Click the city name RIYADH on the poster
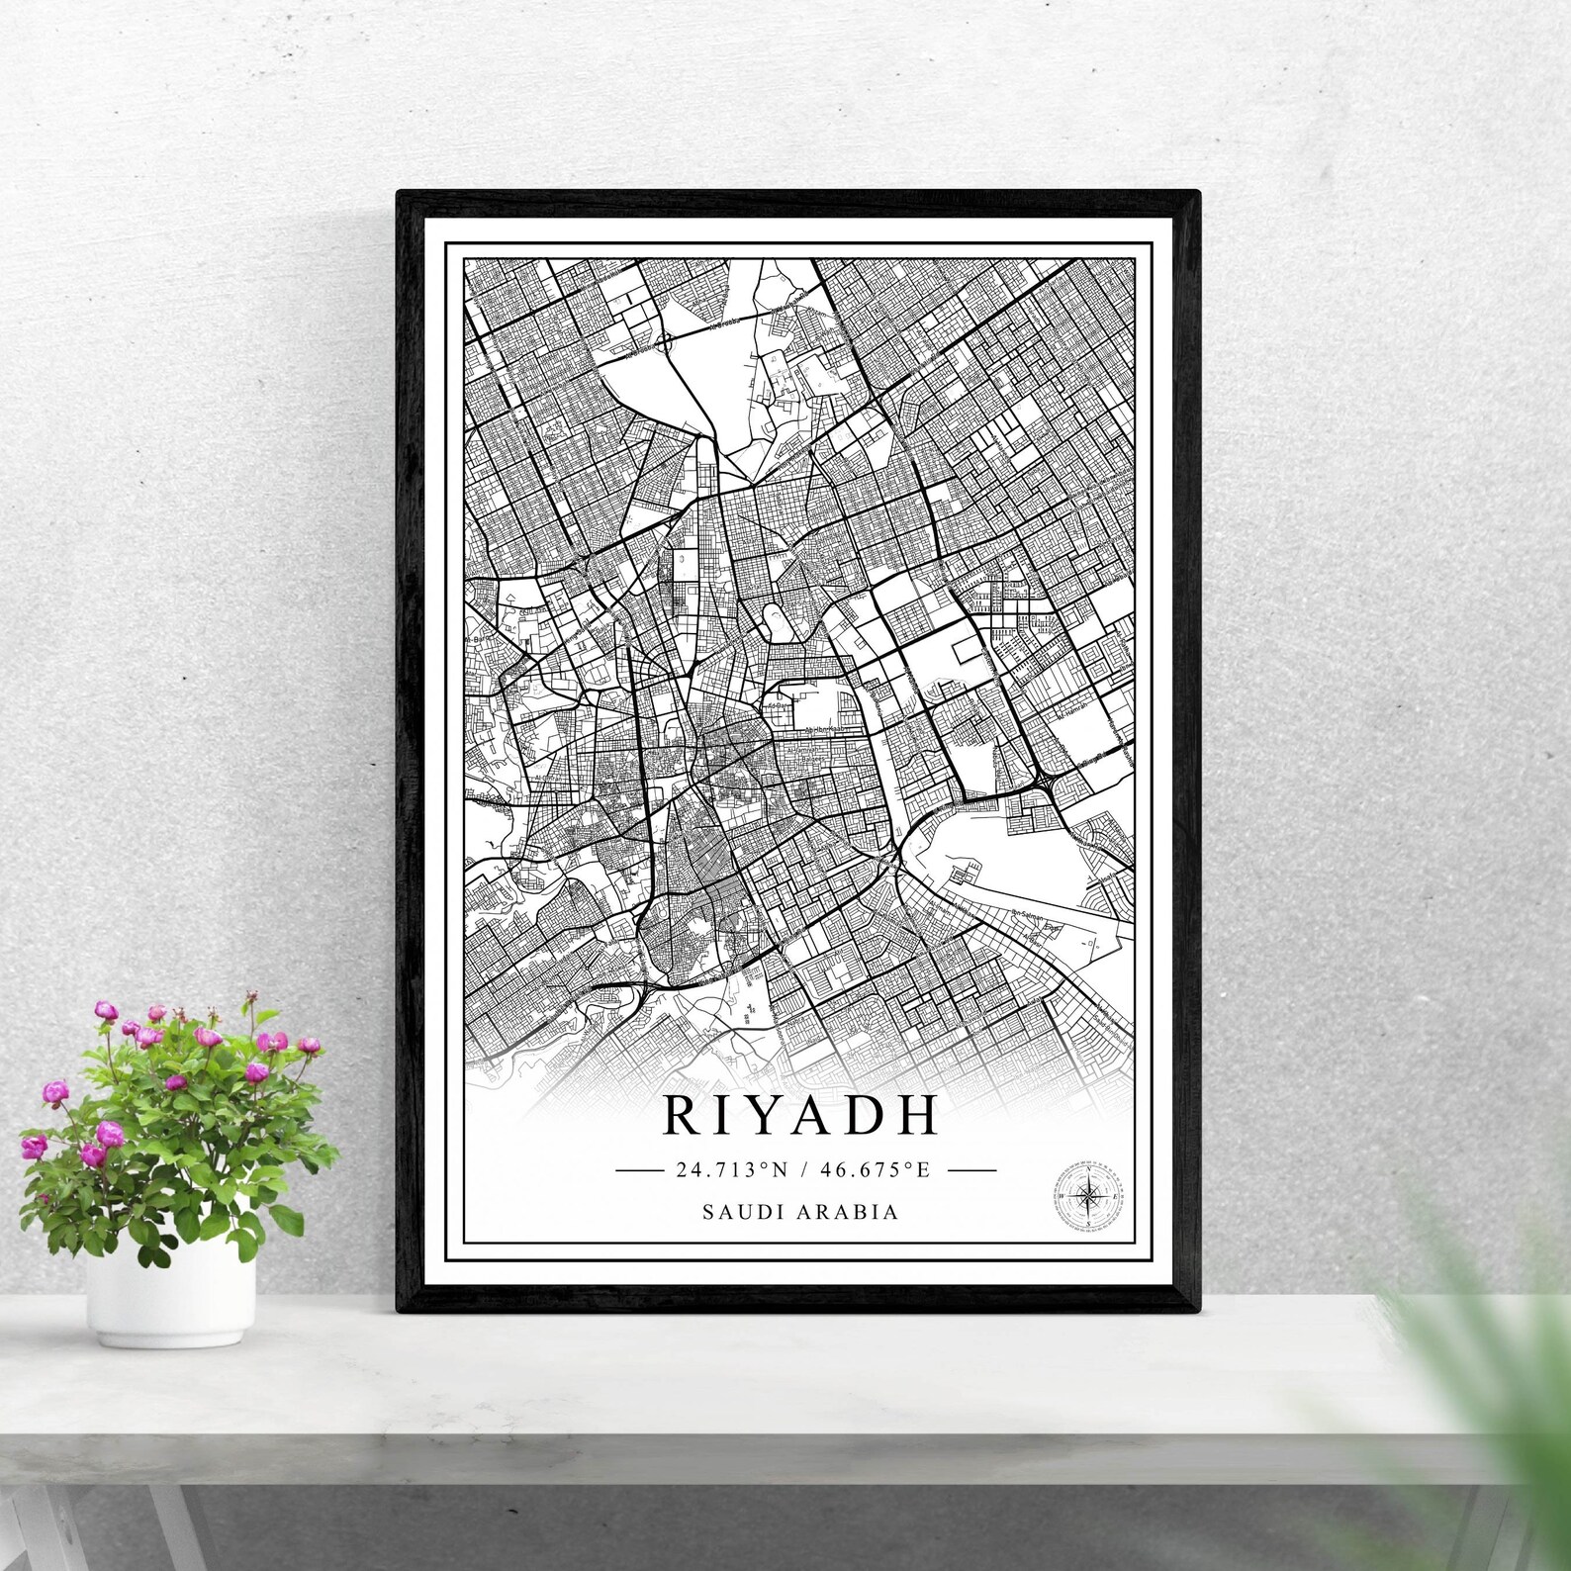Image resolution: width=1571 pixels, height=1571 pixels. [x=799, y=1115]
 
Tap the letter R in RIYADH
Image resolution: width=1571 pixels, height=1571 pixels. [x=681, y=1115]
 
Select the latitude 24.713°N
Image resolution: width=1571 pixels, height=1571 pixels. [x=732, y=1170]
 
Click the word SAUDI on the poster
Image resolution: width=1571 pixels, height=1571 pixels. [x=738, y=1212]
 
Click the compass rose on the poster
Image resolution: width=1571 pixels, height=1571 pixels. [x=1088, y=1196]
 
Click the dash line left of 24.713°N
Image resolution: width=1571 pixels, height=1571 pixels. [x=639, y=1170]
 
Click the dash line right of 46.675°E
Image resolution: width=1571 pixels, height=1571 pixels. [x=971, y=1170]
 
